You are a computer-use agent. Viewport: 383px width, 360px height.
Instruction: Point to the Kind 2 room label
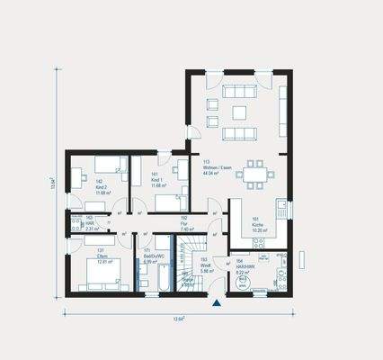tap(101, 186)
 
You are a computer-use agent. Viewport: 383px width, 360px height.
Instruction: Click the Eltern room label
tap(102, 256)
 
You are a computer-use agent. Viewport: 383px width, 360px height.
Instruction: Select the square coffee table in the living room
tap(239, 112)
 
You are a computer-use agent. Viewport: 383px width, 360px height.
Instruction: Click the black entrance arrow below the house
tap(216, 304)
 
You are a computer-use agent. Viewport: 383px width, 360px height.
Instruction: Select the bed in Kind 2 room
tap(101, 162)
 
